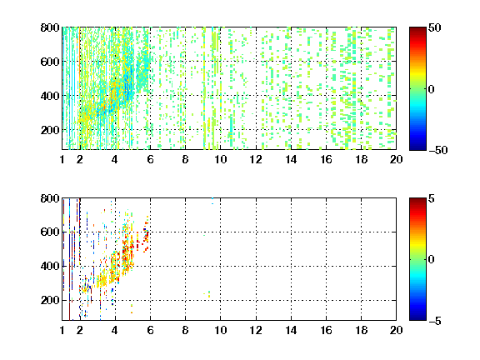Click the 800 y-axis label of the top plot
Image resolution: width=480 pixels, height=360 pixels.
coord(50,27)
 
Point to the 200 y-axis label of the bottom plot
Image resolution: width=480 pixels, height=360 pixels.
coord(50,300)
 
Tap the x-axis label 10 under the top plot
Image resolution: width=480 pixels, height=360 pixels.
coord(220,159)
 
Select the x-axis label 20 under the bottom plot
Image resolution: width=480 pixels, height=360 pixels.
coord(396,330)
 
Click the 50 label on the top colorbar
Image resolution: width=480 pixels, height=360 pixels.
coord(434,27)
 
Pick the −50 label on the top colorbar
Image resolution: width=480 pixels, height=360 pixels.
coord(438,150)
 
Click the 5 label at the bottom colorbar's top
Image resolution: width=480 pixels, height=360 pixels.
coord(432,198)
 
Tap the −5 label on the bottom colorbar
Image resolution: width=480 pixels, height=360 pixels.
coord(435,321)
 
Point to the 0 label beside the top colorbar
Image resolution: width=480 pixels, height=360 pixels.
coord(432,89)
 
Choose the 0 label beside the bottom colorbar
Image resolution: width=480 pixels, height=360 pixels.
coord(432,260)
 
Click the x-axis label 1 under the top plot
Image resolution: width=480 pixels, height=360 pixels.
coord(62,159)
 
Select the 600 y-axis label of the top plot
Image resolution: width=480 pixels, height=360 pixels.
coord(50,62)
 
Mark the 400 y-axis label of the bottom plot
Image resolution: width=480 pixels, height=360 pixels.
coord(50,266)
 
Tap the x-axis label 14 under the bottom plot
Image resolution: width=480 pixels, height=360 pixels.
coord(291,330)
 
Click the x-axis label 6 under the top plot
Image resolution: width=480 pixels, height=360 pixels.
coord(150,159)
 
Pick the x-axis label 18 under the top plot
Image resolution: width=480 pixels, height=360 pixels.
coord(361,159)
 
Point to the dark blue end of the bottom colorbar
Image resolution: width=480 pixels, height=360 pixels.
coord(417,318)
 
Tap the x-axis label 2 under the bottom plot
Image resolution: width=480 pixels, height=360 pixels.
coord(80,330)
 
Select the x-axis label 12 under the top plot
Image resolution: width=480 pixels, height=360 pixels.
coord(256,159)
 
